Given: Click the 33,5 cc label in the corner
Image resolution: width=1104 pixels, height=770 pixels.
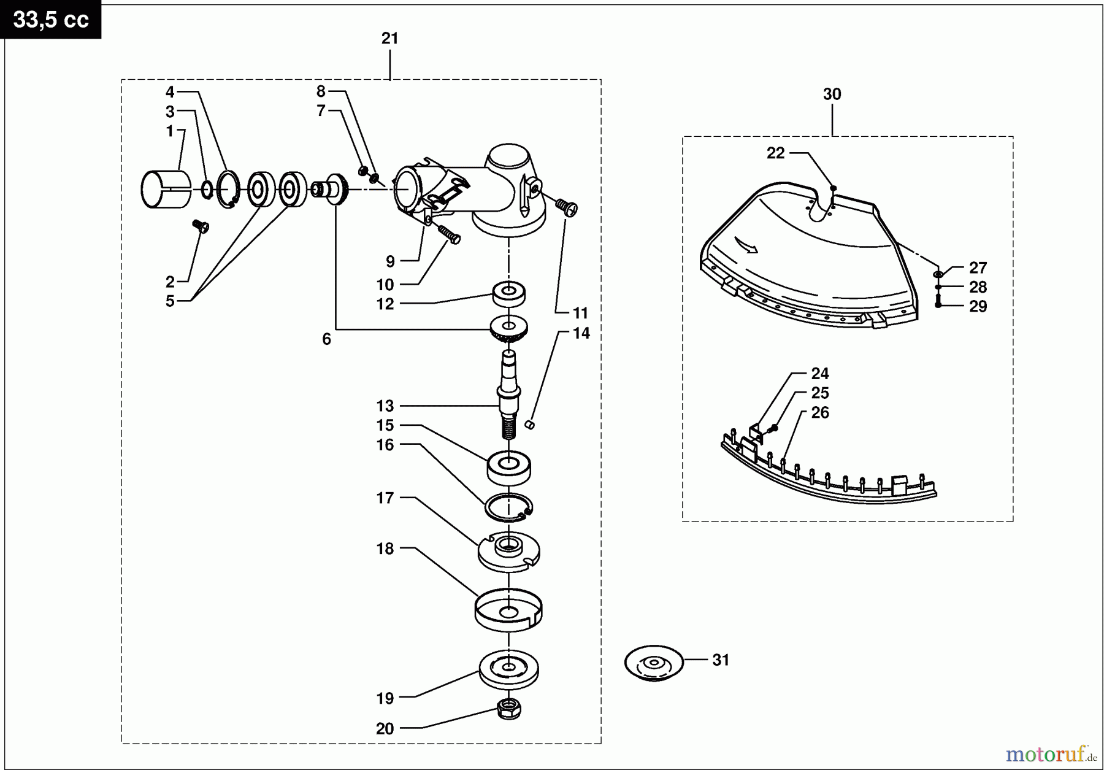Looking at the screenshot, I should [51, 20].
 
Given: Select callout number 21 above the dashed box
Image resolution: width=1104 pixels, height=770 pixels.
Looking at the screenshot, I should [389, 39].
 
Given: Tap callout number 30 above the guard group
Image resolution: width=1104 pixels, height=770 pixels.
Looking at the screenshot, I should [832, 94].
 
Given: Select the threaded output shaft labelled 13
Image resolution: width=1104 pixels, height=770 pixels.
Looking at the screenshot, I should [509, 393].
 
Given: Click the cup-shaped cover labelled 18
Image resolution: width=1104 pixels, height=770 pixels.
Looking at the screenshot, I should [508, 610].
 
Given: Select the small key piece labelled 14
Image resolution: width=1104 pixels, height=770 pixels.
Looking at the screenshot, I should [531, 424].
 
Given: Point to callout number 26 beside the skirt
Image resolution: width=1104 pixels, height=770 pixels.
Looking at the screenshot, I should [819, 413].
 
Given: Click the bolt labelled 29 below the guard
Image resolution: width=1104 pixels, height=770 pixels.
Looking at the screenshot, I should [938, 302].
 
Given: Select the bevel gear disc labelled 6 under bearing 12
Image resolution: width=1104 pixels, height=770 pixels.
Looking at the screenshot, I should [509, 329].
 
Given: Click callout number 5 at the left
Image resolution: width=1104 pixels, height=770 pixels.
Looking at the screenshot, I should [170, 301].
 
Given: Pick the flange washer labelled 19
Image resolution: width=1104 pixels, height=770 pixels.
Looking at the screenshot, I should [508, 669].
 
